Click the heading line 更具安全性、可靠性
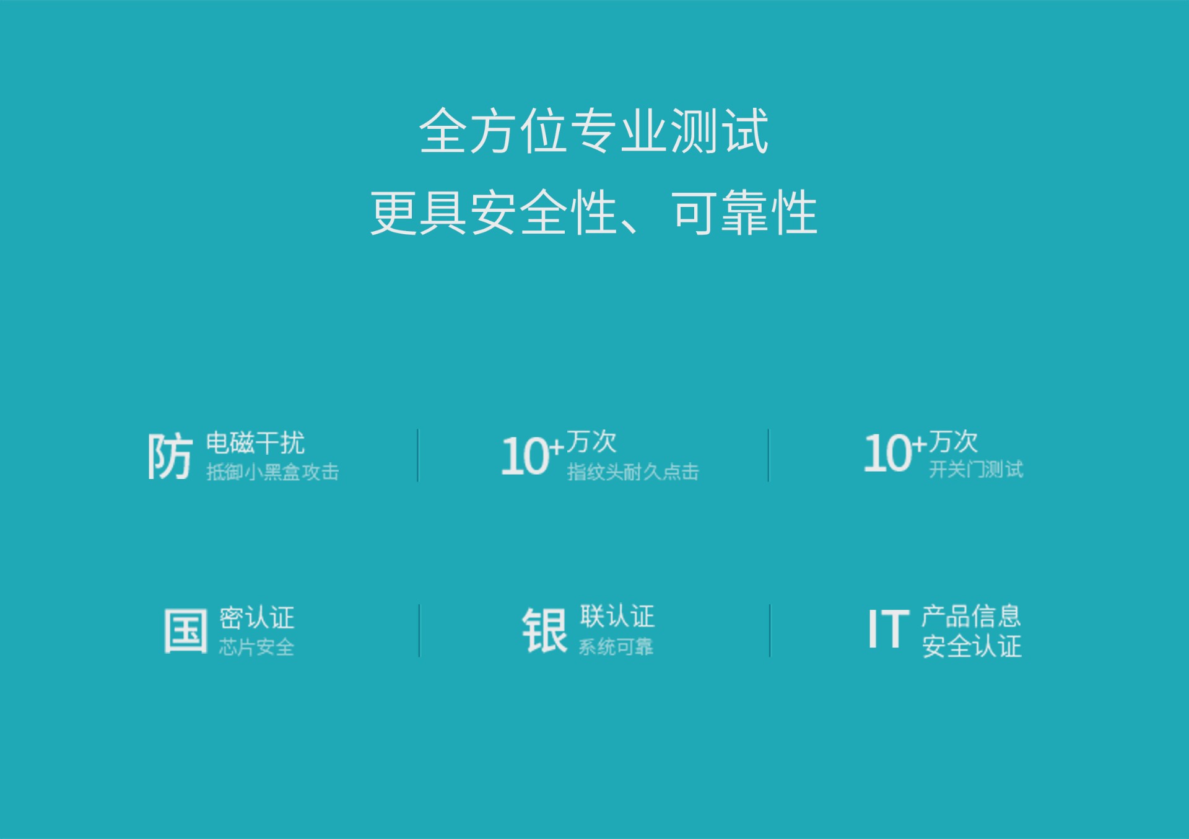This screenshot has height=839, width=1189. click(x=594, y=213)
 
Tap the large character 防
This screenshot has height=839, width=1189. click(x=170, y=456)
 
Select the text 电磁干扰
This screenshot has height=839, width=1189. click(x=255, y=443)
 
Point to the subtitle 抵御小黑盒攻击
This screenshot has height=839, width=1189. click(x=272, y=472)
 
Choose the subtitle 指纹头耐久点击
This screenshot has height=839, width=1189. click(x=633, y=472)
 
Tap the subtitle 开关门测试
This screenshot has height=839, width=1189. click(x=976, y=470)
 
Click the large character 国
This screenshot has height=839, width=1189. click(x=185, y=631)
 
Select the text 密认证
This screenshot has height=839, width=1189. click(x=256, y=618)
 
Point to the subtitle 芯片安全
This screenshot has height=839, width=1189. click(x=256, y=648)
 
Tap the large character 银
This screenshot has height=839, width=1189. click(x=544, y=630)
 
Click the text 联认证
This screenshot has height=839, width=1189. click(x=617, y=617)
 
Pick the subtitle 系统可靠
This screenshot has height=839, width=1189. click(x=616, y=648)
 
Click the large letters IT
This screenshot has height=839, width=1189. click(x=888, y=629)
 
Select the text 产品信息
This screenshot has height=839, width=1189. click(x=971, y=616)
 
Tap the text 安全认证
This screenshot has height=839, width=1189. click(x=972, y=646)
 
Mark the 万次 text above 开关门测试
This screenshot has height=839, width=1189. click(x=953, y=442)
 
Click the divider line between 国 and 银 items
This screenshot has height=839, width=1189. click(x=419, y=631)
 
